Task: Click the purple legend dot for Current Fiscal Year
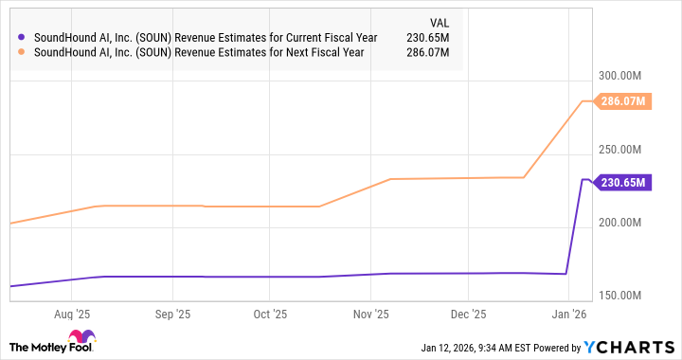point(21,37)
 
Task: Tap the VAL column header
point(440,22)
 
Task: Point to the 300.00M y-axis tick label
point(622,76)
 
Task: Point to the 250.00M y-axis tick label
point(622,150)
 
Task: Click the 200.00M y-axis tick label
point(622,223)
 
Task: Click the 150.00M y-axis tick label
point(622,296)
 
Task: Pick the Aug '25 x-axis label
point(72,314)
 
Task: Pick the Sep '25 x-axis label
point(171,314)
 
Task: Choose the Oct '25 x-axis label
point(271,314)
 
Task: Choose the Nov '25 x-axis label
point(371,314)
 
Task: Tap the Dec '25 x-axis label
point(468,314)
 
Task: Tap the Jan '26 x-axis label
point(568,314)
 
